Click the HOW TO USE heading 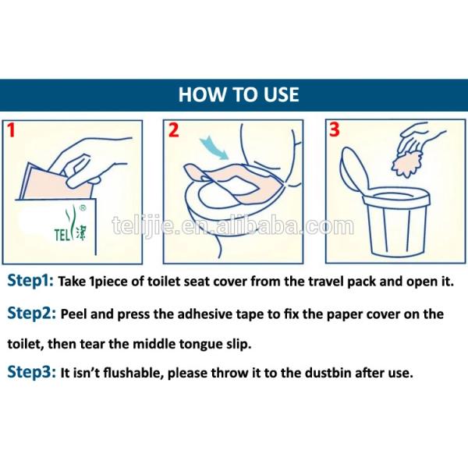238,94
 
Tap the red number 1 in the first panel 12,131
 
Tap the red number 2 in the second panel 174,131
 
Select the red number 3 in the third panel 335,131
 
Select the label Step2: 31,314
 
